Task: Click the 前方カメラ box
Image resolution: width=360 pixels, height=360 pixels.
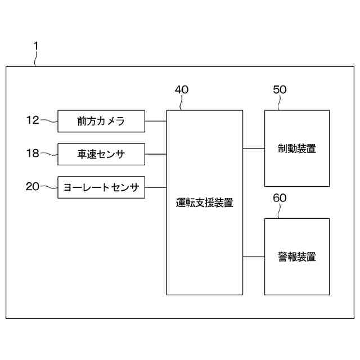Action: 101,121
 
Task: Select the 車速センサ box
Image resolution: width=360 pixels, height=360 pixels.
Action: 101,154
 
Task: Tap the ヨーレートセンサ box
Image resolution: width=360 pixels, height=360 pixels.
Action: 101,187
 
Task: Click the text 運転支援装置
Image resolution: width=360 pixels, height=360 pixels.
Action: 204,203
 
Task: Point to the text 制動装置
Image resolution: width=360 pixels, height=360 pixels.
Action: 297,149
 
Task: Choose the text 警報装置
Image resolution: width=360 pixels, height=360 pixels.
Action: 297,257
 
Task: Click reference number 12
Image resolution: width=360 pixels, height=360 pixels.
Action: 33,120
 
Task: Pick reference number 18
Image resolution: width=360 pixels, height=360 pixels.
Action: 33,153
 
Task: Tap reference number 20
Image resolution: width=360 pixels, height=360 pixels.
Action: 33,186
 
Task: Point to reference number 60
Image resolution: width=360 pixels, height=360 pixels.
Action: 280,198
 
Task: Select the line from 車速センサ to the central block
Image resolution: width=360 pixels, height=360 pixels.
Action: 155,154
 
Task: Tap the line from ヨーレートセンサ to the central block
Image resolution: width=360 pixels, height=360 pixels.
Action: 155,187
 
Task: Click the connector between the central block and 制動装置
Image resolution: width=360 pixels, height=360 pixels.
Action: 254,149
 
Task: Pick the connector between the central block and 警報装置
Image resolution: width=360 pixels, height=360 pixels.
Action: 254,257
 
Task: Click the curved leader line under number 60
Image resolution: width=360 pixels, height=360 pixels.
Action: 283,211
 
